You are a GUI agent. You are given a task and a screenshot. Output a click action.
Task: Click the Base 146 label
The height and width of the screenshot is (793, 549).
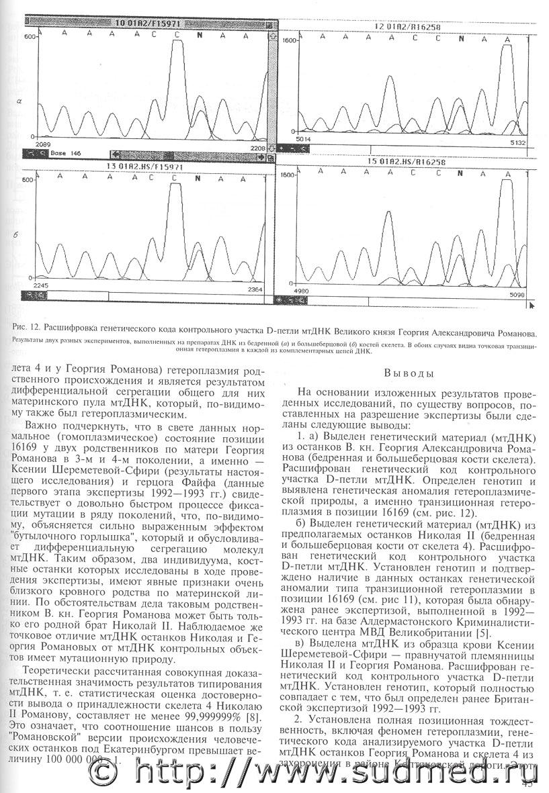65,153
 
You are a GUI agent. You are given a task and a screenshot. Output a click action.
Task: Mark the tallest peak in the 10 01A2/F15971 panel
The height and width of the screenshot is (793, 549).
177,54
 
